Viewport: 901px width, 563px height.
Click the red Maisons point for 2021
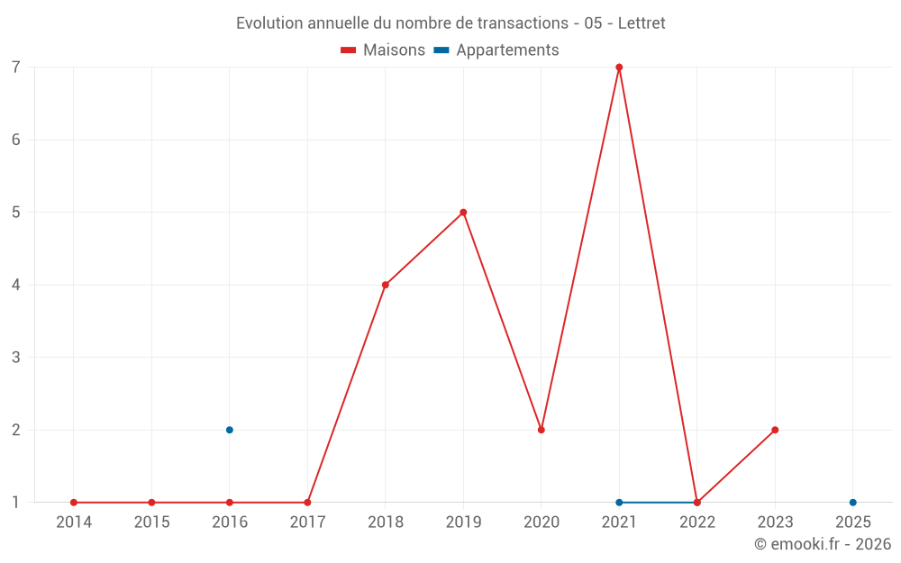pos(619,68)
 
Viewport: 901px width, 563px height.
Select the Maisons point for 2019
pos(463,213)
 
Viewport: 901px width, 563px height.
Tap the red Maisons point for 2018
pos(386,285)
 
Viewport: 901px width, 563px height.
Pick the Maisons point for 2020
pos(542,430)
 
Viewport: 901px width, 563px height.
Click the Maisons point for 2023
pos(775,430)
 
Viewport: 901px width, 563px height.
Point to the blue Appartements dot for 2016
pos(230,430)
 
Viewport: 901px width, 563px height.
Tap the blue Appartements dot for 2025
pos(852,503)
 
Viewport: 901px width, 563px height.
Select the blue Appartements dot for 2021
pos(619,503)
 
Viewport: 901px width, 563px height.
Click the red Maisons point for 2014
pos(74,503)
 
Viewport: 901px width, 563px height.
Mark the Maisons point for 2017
pos(307,503)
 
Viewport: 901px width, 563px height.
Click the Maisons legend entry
pos(383,50)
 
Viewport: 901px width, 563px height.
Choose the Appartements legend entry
pos(496,50)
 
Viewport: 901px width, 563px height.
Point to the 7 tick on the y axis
pos(16,68)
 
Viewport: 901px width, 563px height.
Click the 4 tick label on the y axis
pos(16,285)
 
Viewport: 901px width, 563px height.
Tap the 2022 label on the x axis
pos(697,522)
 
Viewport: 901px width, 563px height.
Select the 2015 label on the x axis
pos(151,522)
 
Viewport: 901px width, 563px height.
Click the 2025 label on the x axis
pos(853,522)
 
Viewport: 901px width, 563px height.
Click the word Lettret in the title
pos(642,23)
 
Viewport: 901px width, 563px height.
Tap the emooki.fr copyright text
pos(823,543)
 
